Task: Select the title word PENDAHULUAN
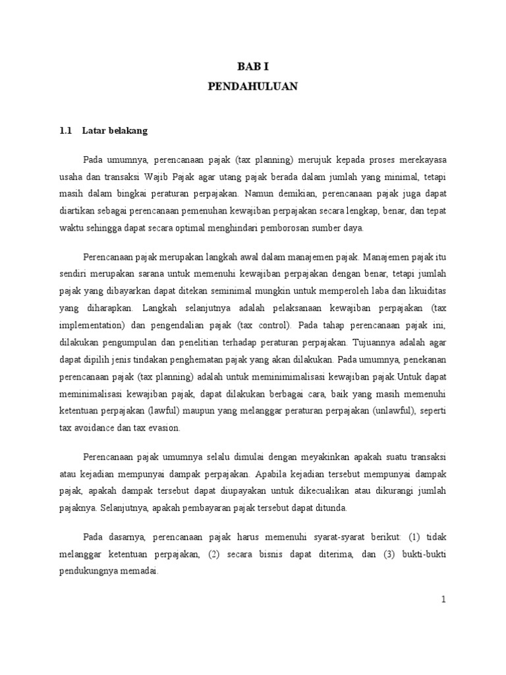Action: [x=253, y=86]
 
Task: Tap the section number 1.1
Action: [x=65, y=131]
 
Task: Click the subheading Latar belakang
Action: [x=115, y=131]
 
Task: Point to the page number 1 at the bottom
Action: [x=444, y=599]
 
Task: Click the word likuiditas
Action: [x=426, y=290]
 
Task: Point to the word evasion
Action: [x=172, y=427]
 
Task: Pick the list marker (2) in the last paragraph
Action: [x=213, y=554]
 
